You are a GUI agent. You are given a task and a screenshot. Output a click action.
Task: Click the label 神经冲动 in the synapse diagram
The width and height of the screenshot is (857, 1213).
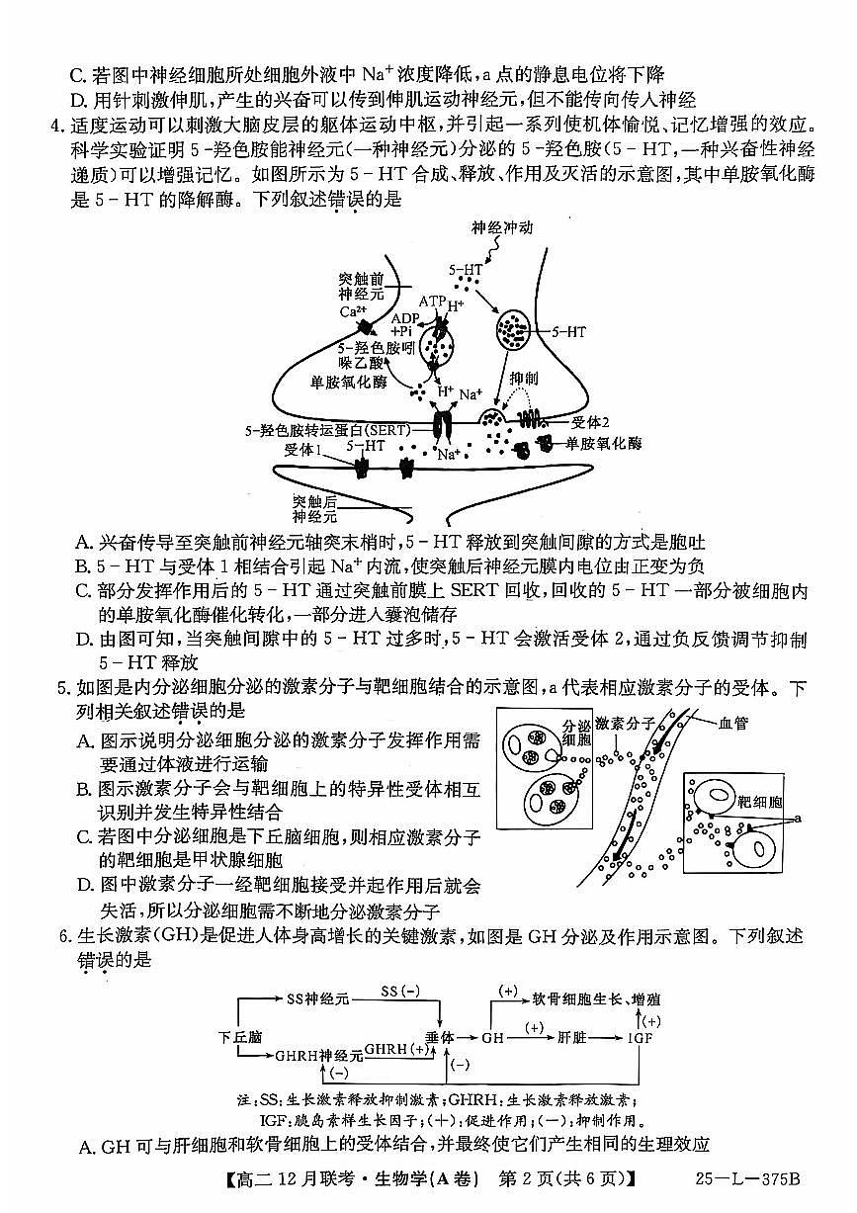501,227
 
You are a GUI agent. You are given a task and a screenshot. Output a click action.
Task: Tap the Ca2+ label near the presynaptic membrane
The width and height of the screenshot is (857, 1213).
349,311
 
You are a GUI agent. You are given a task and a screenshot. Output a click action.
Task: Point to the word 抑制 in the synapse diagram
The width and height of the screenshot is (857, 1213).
523,379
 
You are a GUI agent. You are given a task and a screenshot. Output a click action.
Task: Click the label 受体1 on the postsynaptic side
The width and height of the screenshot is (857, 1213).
303,450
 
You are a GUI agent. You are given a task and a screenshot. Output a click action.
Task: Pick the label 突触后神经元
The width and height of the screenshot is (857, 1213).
314,508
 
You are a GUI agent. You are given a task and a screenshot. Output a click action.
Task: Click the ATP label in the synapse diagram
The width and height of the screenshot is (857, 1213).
432,299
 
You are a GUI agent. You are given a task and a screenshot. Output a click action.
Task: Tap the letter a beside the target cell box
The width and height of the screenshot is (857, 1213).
797,818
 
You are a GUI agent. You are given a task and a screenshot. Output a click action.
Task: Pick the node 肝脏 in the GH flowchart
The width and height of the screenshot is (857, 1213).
571,1037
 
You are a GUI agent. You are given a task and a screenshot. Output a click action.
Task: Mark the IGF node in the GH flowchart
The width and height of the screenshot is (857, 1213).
641,1037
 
